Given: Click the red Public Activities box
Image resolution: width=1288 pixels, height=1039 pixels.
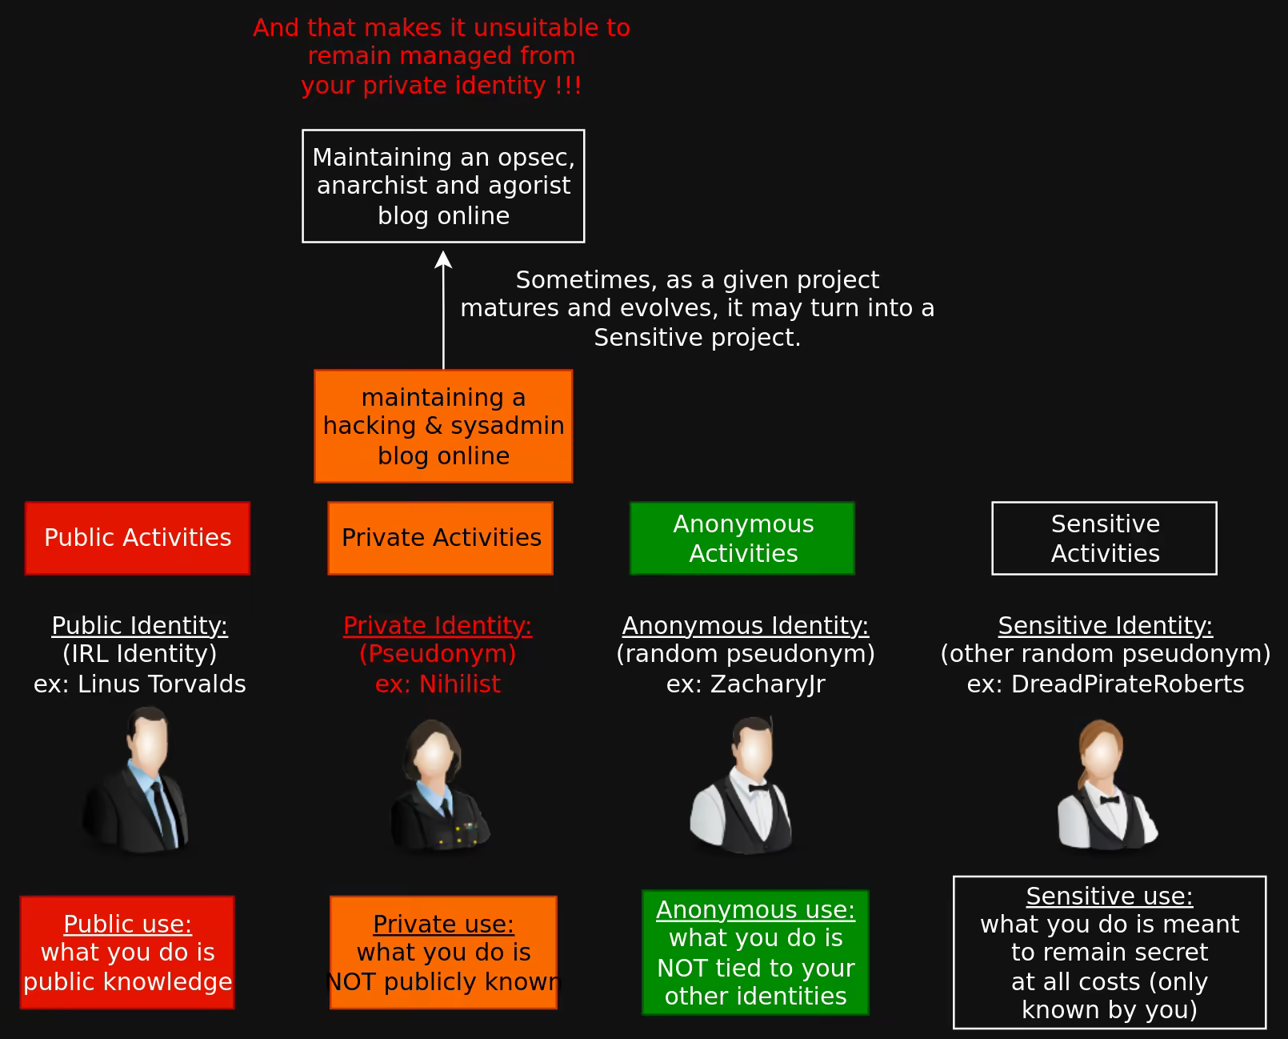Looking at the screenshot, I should [x=138, y=538].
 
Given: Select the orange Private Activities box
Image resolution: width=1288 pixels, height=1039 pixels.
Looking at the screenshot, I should [x=441, y=538].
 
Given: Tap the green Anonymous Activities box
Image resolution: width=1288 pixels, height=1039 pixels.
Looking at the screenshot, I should [x=742, y=538].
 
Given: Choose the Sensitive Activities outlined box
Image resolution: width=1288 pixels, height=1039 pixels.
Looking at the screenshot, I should [x=1104, y=538].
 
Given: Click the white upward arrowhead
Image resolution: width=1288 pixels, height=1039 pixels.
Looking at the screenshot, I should [x=443, y=259].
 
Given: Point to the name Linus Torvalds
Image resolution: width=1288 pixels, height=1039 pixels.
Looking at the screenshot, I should [x=162, y=684].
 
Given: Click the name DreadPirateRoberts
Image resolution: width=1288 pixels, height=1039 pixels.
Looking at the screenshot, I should [x=1127, y=684].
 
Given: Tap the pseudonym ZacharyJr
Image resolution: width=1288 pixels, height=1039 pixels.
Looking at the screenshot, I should [x=767, y=684].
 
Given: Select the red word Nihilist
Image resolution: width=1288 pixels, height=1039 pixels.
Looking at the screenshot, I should [x=460, y=684].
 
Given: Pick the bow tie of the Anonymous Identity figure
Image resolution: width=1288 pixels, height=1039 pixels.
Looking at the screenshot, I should [x=758, y=788].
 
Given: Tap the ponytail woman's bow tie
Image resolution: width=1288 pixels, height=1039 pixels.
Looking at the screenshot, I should [x=1108, y=799].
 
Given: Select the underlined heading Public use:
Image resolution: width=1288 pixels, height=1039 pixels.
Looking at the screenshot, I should [x=127, y=924].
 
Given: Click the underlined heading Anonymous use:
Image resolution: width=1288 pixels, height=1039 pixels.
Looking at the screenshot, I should [x=755, y=909].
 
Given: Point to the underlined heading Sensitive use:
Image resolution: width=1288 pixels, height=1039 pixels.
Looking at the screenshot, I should [x=1110, y=896].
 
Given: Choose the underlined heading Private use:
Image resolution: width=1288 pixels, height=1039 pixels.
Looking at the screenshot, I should [x=443, y=924].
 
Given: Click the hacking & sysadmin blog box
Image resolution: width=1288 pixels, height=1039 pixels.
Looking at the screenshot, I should [x=443, y=426].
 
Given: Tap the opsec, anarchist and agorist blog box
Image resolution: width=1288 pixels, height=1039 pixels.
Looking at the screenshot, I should [x=443, y=186].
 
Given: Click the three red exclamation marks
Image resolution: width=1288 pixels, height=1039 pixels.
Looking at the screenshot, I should [x=568, y=85].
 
